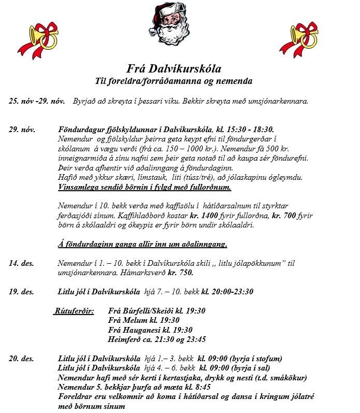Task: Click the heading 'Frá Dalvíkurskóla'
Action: (x=174, y=69)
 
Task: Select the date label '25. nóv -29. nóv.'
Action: (x=36, y=101)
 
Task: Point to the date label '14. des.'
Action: (x=21, y=263)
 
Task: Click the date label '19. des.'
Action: (x=21, y=292)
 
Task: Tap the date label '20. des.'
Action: (x=21, y=359)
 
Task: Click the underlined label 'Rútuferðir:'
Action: (x=74, y=311)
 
